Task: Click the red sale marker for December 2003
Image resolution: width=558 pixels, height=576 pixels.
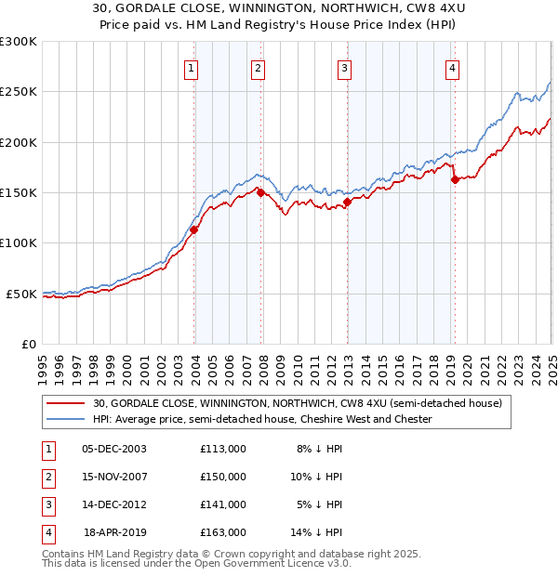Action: (x=194, y=229)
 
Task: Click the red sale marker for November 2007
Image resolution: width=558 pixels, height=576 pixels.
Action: (x=261, y=192)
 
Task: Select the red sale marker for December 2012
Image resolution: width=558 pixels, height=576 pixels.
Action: (x=347, y=202)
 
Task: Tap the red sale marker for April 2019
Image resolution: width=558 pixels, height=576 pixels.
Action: (x=455, y=180)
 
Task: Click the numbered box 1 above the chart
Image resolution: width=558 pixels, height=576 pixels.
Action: (x=191, y=67)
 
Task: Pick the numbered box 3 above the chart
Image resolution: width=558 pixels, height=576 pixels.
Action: (x=344, y=67)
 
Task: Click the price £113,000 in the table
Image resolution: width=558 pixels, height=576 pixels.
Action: (x=223, y=449)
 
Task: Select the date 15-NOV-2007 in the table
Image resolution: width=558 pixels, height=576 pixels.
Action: (x=114, y=477)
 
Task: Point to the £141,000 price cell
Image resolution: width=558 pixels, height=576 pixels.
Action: (x=223, y=504)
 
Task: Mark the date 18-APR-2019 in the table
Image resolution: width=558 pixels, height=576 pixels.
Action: (x=115, y=532)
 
